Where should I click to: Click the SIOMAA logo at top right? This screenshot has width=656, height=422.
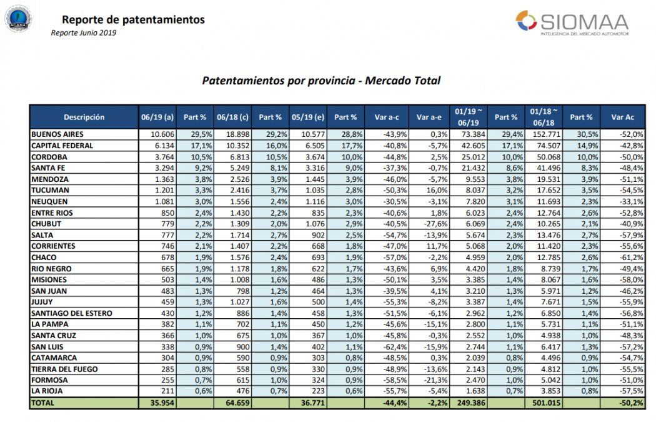pos(572,23)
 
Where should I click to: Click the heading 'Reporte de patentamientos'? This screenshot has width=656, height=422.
pos(134,20)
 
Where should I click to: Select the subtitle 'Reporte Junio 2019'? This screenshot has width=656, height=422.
pos(83,33)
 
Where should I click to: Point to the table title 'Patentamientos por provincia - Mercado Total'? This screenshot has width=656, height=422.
pos(321,81)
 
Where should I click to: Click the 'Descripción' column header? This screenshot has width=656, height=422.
pos(84,117)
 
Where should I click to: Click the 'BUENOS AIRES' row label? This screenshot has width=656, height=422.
pos(57,134)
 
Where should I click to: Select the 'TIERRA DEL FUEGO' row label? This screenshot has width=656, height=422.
pos(64,369)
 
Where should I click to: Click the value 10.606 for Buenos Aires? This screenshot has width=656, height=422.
pos(161,134)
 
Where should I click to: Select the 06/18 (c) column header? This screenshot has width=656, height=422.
pos(232,117)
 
